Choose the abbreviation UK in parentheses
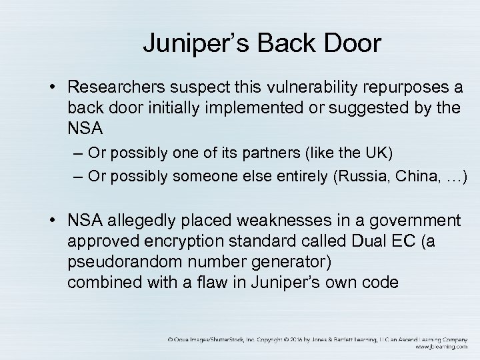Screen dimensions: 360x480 pyautogui.click(x=377, y=153)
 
